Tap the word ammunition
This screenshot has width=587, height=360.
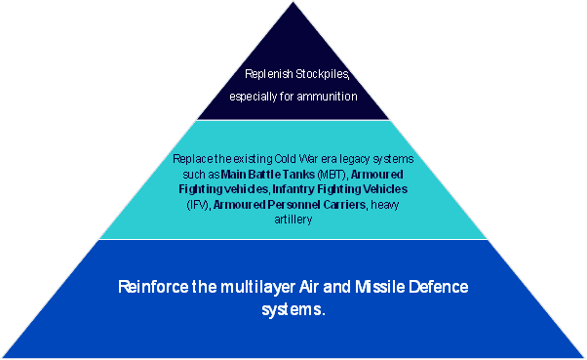(x=330, y=97)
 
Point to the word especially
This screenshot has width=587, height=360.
(x=254, y=97)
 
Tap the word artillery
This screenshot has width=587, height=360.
(x=293, y=220)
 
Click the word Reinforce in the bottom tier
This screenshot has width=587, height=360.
(x=154, y=288)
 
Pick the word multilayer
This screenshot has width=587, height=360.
(x=254, y=288)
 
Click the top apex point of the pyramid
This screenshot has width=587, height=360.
(x=293, y=3)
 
